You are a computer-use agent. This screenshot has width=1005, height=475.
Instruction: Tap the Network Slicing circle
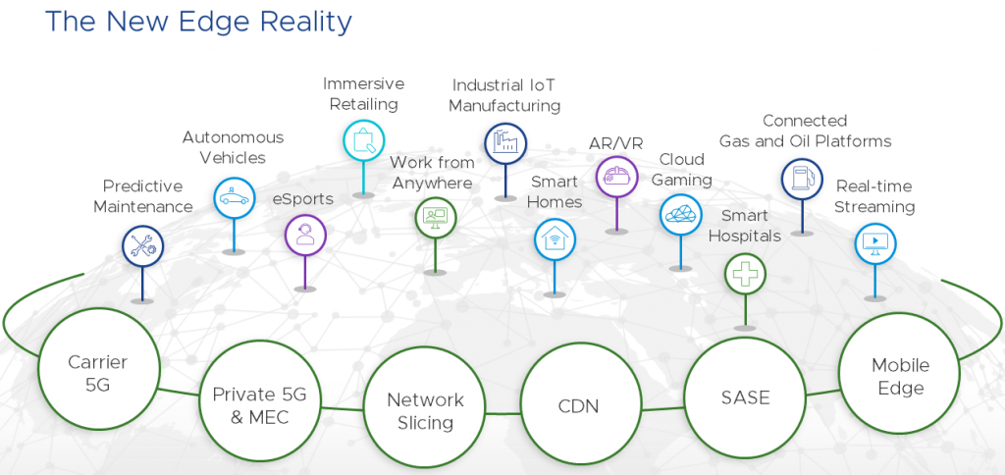click(x=425, y=411)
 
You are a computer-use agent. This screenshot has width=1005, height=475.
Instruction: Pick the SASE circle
click(x=743, y=397)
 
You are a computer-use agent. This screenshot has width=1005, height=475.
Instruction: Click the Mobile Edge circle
click(x=900, y=376)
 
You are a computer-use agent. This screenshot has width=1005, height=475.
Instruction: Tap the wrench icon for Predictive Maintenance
click(x=143, y=245)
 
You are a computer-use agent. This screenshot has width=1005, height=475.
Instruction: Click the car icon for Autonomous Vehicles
click(x=235, y=196)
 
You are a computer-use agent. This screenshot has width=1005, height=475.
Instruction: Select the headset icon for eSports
click(x=305, y=235)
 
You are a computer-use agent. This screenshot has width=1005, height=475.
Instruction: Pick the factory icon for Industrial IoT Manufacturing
click(x=505, y=143)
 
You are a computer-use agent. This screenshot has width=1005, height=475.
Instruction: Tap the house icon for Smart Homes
click(x=555, y=238)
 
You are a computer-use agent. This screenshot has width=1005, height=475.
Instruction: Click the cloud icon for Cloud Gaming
click(x=680, y=214)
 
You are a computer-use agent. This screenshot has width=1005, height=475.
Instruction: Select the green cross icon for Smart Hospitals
click(x=745, y=273)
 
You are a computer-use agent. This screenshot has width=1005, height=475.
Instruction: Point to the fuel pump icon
click(x=801, y=179)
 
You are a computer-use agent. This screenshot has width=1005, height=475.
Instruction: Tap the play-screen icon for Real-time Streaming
click(x=874, y=241)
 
